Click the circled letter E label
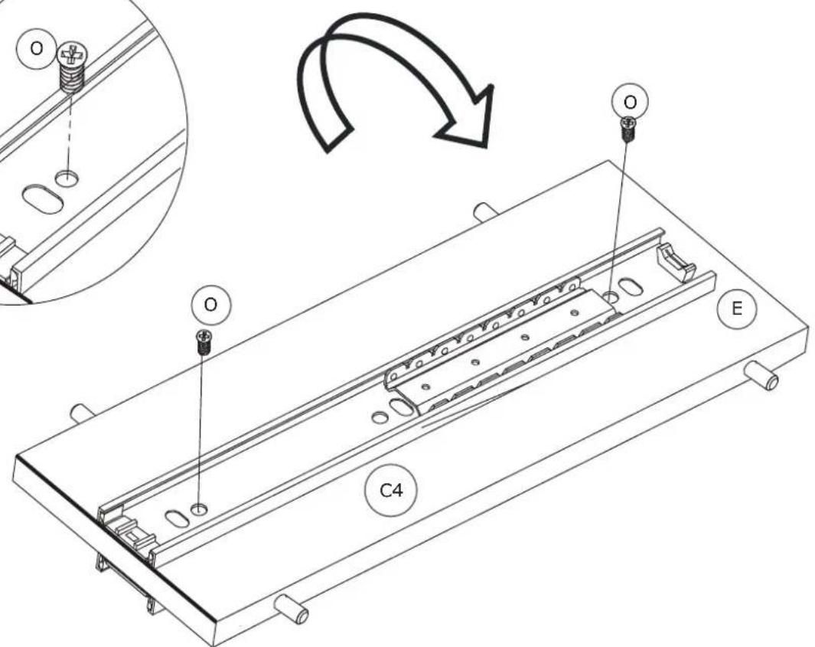736,309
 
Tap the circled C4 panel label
391,491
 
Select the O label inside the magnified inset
37,48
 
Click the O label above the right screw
630,103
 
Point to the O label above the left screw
210,305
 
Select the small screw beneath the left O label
204,342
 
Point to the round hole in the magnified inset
67,178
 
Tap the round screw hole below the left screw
198,508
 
